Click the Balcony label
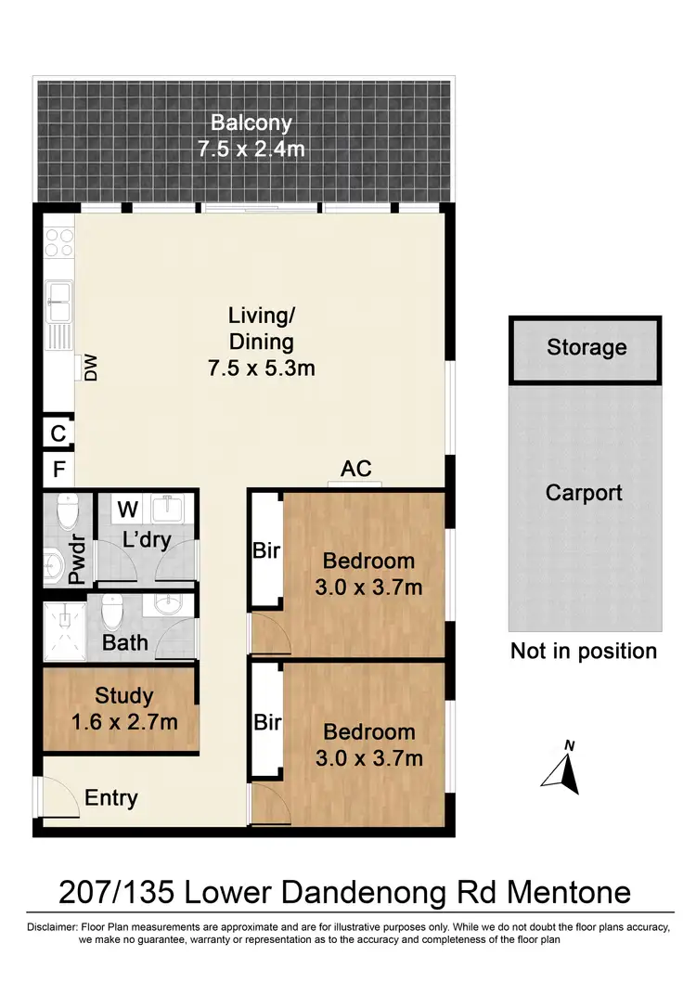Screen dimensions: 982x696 (251, 122)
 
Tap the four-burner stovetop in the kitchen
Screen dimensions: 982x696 (59, 242)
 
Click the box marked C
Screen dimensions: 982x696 (58, 433)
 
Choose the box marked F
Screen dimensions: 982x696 (58, 470)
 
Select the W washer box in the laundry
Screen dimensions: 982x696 (128, 509)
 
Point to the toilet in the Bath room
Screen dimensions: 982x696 (113, 611)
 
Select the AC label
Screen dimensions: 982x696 (356, 469)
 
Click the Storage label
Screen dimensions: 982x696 (586, 348)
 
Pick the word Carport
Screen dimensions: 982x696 (584, 493)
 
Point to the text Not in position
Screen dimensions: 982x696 (583, 651)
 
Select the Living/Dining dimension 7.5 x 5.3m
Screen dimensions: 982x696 (261, 368)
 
